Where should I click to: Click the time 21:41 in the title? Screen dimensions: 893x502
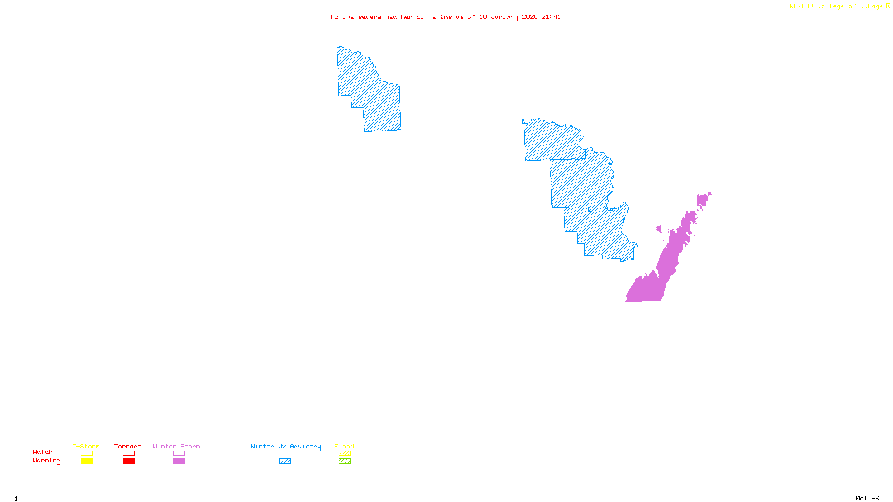pos(551,17)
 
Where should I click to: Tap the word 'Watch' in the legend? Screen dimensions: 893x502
pos(43,452)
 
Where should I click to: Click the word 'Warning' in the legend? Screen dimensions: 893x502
pos(47,461)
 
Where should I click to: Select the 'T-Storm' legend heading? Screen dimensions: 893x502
pos(86,446)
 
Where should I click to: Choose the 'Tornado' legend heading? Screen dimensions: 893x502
pos(128,446)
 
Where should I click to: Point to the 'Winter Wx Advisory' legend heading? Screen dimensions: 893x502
pos(286,446)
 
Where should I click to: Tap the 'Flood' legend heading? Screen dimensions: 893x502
pos(344,446)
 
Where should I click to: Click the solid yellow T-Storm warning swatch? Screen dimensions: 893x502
pos(87,461)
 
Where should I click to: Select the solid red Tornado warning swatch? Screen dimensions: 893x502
pos(128,461)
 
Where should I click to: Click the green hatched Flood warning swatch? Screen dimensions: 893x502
pos(344,461)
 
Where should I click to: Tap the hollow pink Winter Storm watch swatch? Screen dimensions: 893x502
pos(179,453)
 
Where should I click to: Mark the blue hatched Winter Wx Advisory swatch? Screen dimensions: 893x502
pos(285,461)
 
